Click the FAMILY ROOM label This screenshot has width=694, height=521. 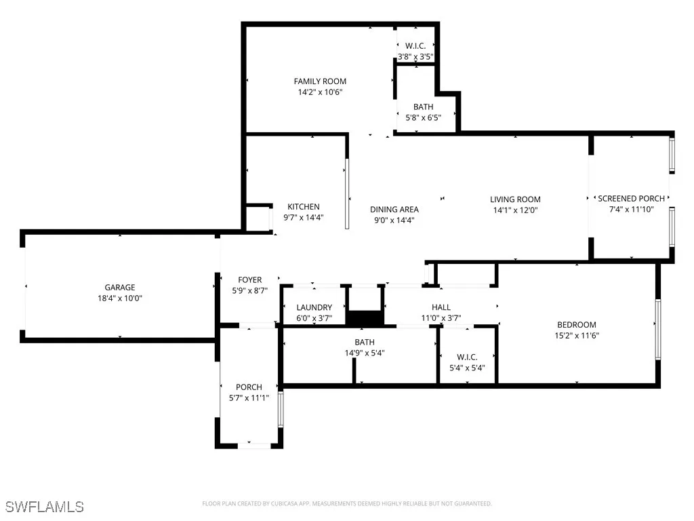click(x=321, y=81)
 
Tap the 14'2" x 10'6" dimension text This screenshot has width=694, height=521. click(x=321, y=92)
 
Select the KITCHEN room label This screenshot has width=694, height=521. click(x=303, y=207)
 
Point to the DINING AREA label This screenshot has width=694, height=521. click(x=394, y=210)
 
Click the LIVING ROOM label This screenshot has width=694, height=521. click(x=515, y=199)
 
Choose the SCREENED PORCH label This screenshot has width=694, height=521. click(x=631, y=199)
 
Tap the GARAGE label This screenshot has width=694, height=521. click(x=119, y=288)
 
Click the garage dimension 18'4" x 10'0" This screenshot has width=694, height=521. click(x=119, y=298)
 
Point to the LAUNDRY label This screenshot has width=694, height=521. click(x=314, y=307)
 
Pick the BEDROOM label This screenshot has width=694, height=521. click(x=576, y=325)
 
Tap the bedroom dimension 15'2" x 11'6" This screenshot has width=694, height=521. click(x=576, y=336)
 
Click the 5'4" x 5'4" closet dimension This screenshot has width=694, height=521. click(x=467, y=368)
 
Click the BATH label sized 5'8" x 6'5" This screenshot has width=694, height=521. click(x=423, y=107)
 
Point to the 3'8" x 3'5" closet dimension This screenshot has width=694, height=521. click(x=415, y=58)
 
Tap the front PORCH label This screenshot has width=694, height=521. click(x=249, y=387)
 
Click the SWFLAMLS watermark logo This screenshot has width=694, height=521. click(x=45, y=507)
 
